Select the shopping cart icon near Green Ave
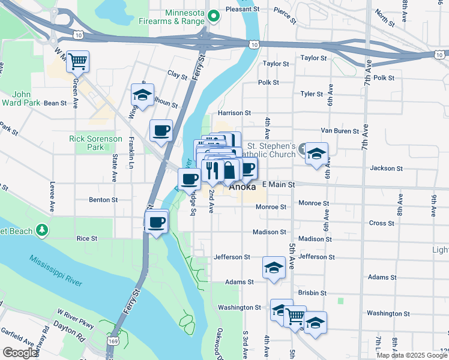pyautogui.click(x=78, y=61)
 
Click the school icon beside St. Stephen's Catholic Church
pyautogui.click(x=316, y=153)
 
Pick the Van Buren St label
pyautogui.click(x=340, y=130)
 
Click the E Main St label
pyautogui.click(x=278, y=185)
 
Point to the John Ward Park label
pyautogui.click(x=26, y=98)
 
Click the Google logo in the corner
pyautogui.click(x=20, y=353)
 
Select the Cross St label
pyautogui.click(x=381, y=223)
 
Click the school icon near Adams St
pyautogui.click(x=274, y=267)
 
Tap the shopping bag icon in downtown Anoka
pyautogui.click(x=229, y=170)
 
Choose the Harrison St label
pyautogui.click(x=234, y=113)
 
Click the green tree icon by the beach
pyautogui.click(x=41, y=230)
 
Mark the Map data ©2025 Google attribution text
pyautogui.click(x=411, y=355)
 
